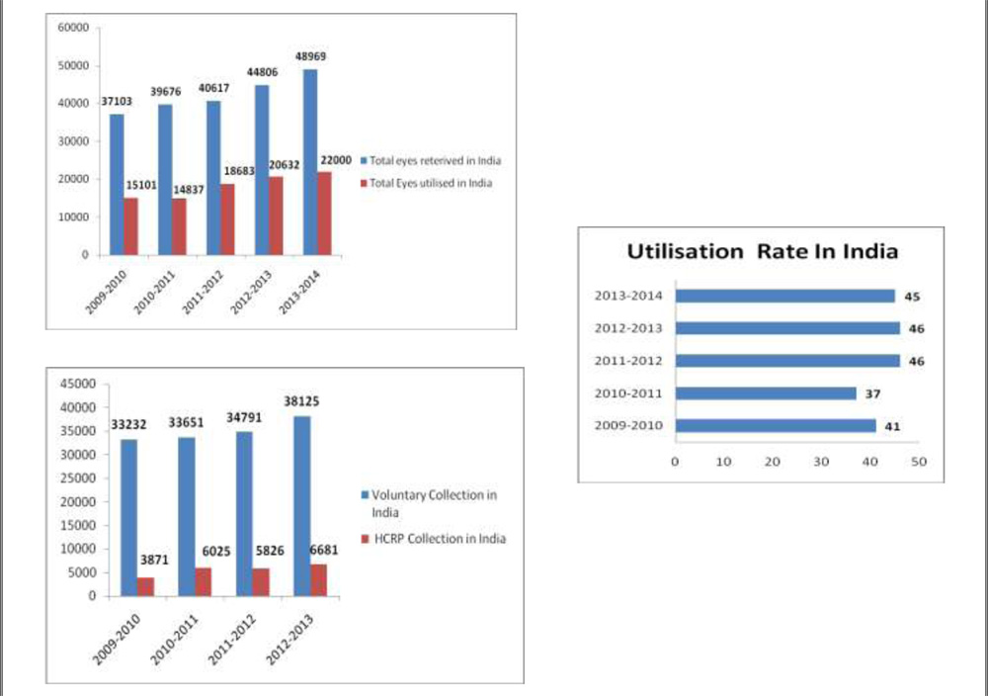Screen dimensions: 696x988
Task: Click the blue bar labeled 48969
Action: click(x=310, y=161)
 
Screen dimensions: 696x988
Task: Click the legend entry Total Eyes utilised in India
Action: click(x=430, y=183)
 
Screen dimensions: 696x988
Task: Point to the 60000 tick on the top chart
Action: click(x=75, y=28)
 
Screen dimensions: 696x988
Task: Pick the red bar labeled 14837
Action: click(x=179, y=226)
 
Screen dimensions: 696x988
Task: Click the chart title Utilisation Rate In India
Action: click(x=763, y=252)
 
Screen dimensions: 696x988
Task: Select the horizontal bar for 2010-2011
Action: click(x=765, y=393)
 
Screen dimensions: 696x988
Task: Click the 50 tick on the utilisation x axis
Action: click(x=918, y=462)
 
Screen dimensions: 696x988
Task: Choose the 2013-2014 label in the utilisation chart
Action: click(x=628, y=296)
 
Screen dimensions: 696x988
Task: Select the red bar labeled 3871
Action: click(x=146, y=586)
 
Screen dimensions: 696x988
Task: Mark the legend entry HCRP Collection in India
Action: click(x=439, y=539)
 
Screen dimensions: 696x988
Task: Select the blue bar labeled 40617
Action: click(x=213, y=177)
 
